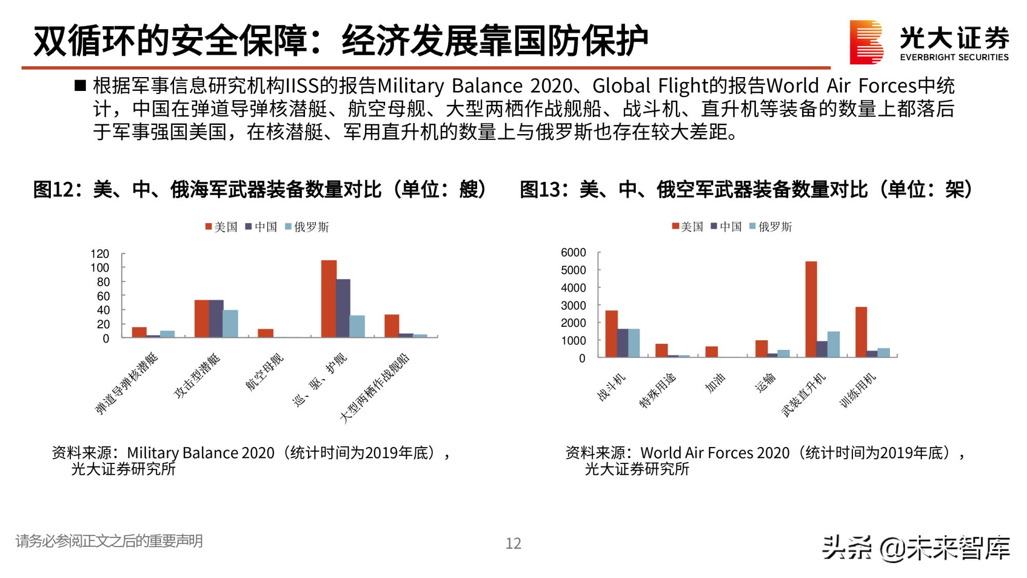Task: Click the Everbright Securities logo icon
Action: click(866, 42)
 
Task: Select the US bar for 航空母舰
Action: click(265, 333)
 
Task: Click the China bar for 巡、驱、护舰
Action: click(343, 308)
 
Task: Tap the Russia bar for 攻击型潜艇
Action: click(230, 324)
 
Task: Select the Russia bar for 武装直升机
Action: click(833, 344)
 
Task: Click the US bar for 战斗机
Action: click(611, 334)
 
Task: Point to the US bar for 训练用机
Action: click(861, 332)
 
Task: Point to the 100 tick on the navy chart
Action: click(100, 268)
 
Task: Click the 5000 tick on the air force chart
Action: click(573, 270)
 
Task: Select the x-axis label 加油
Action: click(715, 383)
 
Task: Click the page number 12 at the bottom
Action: click(513, 543)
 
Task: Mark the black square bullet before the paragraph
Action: click(80, 86)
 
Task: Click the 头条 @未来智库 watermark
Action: click(916, 548)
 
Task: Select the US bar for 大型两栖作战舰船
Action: click(392, 326)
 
